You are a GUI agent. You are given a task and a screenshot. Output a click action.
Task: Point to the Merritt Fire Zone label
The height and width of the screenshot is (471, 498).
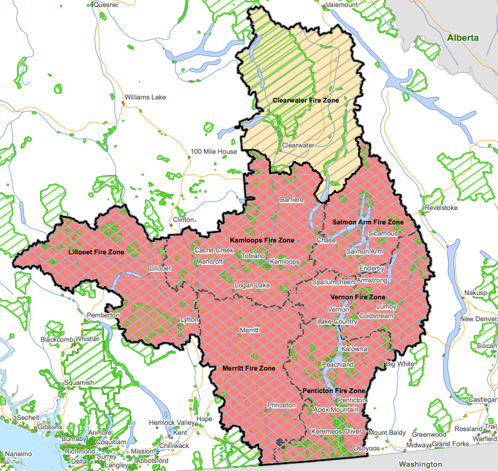point(249,369)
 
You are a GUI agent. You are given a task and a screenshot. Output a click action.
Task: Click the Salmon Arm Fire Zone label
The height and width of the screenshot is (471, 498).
point(368,222)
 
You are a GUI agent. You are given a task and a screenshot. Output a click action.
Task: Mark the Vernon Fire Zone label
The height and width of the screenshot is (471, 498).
point(358,297)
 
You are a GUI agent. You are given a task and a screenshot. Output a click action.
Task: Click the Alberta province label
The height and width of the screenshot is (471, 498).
point(463,38)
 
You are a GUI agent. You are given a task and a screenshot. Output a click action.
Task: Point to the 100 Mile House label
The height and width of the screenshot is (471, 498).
point(214,152)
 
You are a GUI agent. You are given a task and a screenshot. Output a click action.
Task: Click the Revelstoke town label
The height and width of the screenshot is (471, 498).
point(441,207)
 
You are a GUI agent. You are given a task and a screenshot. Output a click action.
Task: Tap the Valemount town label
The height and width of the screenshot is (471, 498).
point(342,4)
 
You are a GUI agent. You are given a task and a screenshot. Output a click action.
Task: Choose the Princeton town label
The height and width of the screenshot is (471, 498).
point(282,405)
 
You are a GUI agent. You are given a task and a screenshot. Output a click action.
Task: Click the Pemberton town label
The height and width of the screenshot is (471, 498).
point(103,315)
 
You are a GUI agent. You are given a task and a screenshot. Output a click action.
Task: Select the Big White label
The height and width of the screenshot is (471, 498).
point(400,364)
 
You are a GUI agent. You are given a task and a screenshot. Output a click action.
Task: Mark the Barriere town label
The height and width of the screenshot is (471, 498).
point(292,200)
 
